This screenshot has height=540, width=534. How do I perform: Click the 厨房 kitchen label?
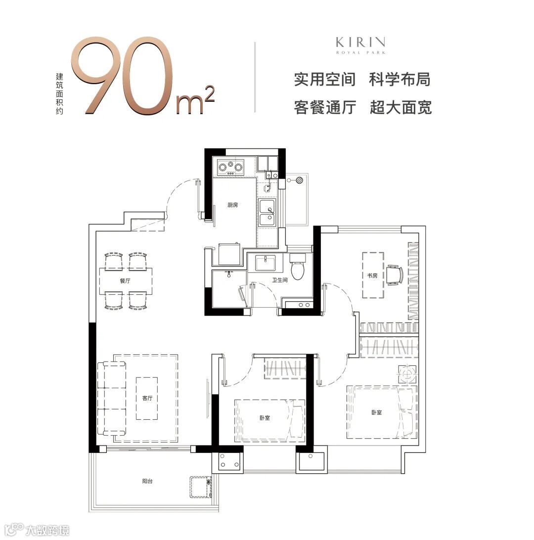tap(233, 205)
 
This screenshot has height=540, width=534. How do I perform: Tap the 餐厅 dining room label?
tap(125, 281)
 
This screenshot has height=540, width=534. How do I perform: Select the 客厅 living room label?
tap(147, 398)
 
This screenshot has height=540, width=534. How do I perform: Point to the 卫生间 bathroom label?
tap(279, 280)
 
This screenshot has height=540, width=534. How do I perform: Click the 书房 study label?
tap(372, 275)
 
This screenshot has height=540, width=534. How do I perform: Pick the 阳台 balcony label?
tap(147, 481)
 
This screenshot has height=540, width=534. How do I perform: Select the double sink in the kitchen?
tap(267, 212)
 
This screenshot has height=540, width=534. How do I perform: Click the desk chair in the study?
tap(395, 275)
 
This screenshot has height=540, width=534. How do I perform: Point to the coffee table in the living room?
tap(147, 398)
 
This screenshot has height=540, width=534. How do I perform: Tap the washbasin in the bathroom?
tap(265, 263)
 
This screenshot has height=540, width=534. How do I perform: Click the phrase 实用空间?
tap(324, 79)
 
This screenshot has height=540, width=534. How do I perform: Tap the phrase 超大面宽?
tap(400, 107)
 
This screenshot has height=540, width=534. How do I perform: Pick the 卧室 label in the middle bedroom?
tap(265, 418)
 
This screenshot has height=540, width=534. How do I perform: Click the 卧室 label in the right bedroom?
tap(377, 412)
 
